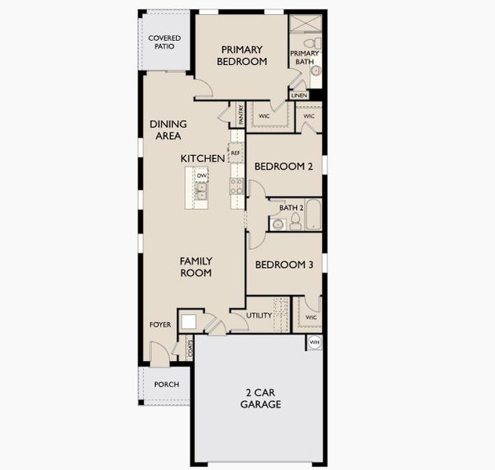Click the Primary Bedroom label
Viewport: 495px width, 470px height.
[x=241, y=55]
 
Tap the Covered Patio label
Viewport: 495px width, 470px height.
[x=164, y=42]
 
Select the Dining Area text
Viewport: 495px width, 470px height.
[x=168, y=129]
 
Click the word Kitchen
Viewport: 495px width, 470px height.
[x=203, y=158]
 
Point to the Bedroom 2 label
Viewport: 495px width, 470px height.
[x=284, y=166]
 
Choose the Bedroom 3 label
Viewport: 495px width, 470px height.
[x=284, y=265]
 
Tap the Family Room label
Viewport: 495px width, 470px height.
[x=196, y=266]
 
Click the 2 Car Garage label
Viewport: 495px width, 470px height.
[x=261, y=399]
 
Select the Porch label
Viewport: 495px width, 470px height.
[x=166, y=385]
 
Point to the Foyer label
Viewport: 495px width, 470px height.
[x=161, y=324]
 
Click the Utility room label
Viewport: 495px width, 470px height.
[x=259, y=316]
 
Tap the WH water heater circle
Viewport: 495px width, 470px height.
[x=315, y=342]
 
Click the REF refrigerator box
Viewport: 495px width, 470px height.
[x=236, y=154]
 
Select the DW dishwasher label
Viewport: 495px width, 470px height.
[x=201, y=176]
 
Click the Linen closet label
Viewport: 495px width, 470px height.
[x=299, y=96]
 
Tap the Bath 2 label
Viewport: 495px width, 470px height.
[x=291, y=208]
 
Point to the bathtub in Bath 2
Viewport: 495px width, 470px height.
[x=313, y=215]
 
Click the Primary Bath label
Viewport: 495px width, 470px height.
[x=304, y=58]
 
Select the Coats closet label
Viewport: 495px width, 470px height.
[x=190, y=349]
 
